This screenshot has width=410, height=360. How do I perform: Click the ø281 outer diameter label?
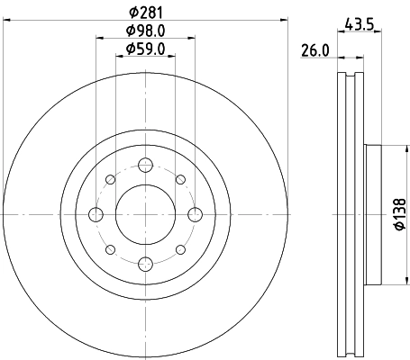(x=146, y=12)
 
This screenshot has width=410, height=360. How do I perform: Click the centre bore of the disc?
(x=146, y=213)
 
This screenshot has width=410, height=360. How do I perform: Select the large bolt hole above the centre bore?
(x=146, y=165)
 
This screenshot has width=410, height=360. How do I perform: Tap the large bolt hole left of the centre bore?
(x=97, y=213)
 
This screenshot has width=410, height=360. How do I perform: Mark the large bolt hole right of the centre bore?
(x=195, y=213)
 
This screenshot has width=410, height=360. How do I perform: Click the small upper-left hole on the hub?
(x=112, y=179)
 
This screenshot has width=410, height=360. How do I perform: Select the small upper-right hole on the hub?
(x=180, y=179)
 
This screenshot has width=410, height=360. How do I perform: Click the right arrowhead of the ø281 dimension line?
(x=289, y=19)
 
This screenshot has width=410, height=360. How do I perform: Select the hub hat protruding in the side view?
(x=374, y=213)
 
